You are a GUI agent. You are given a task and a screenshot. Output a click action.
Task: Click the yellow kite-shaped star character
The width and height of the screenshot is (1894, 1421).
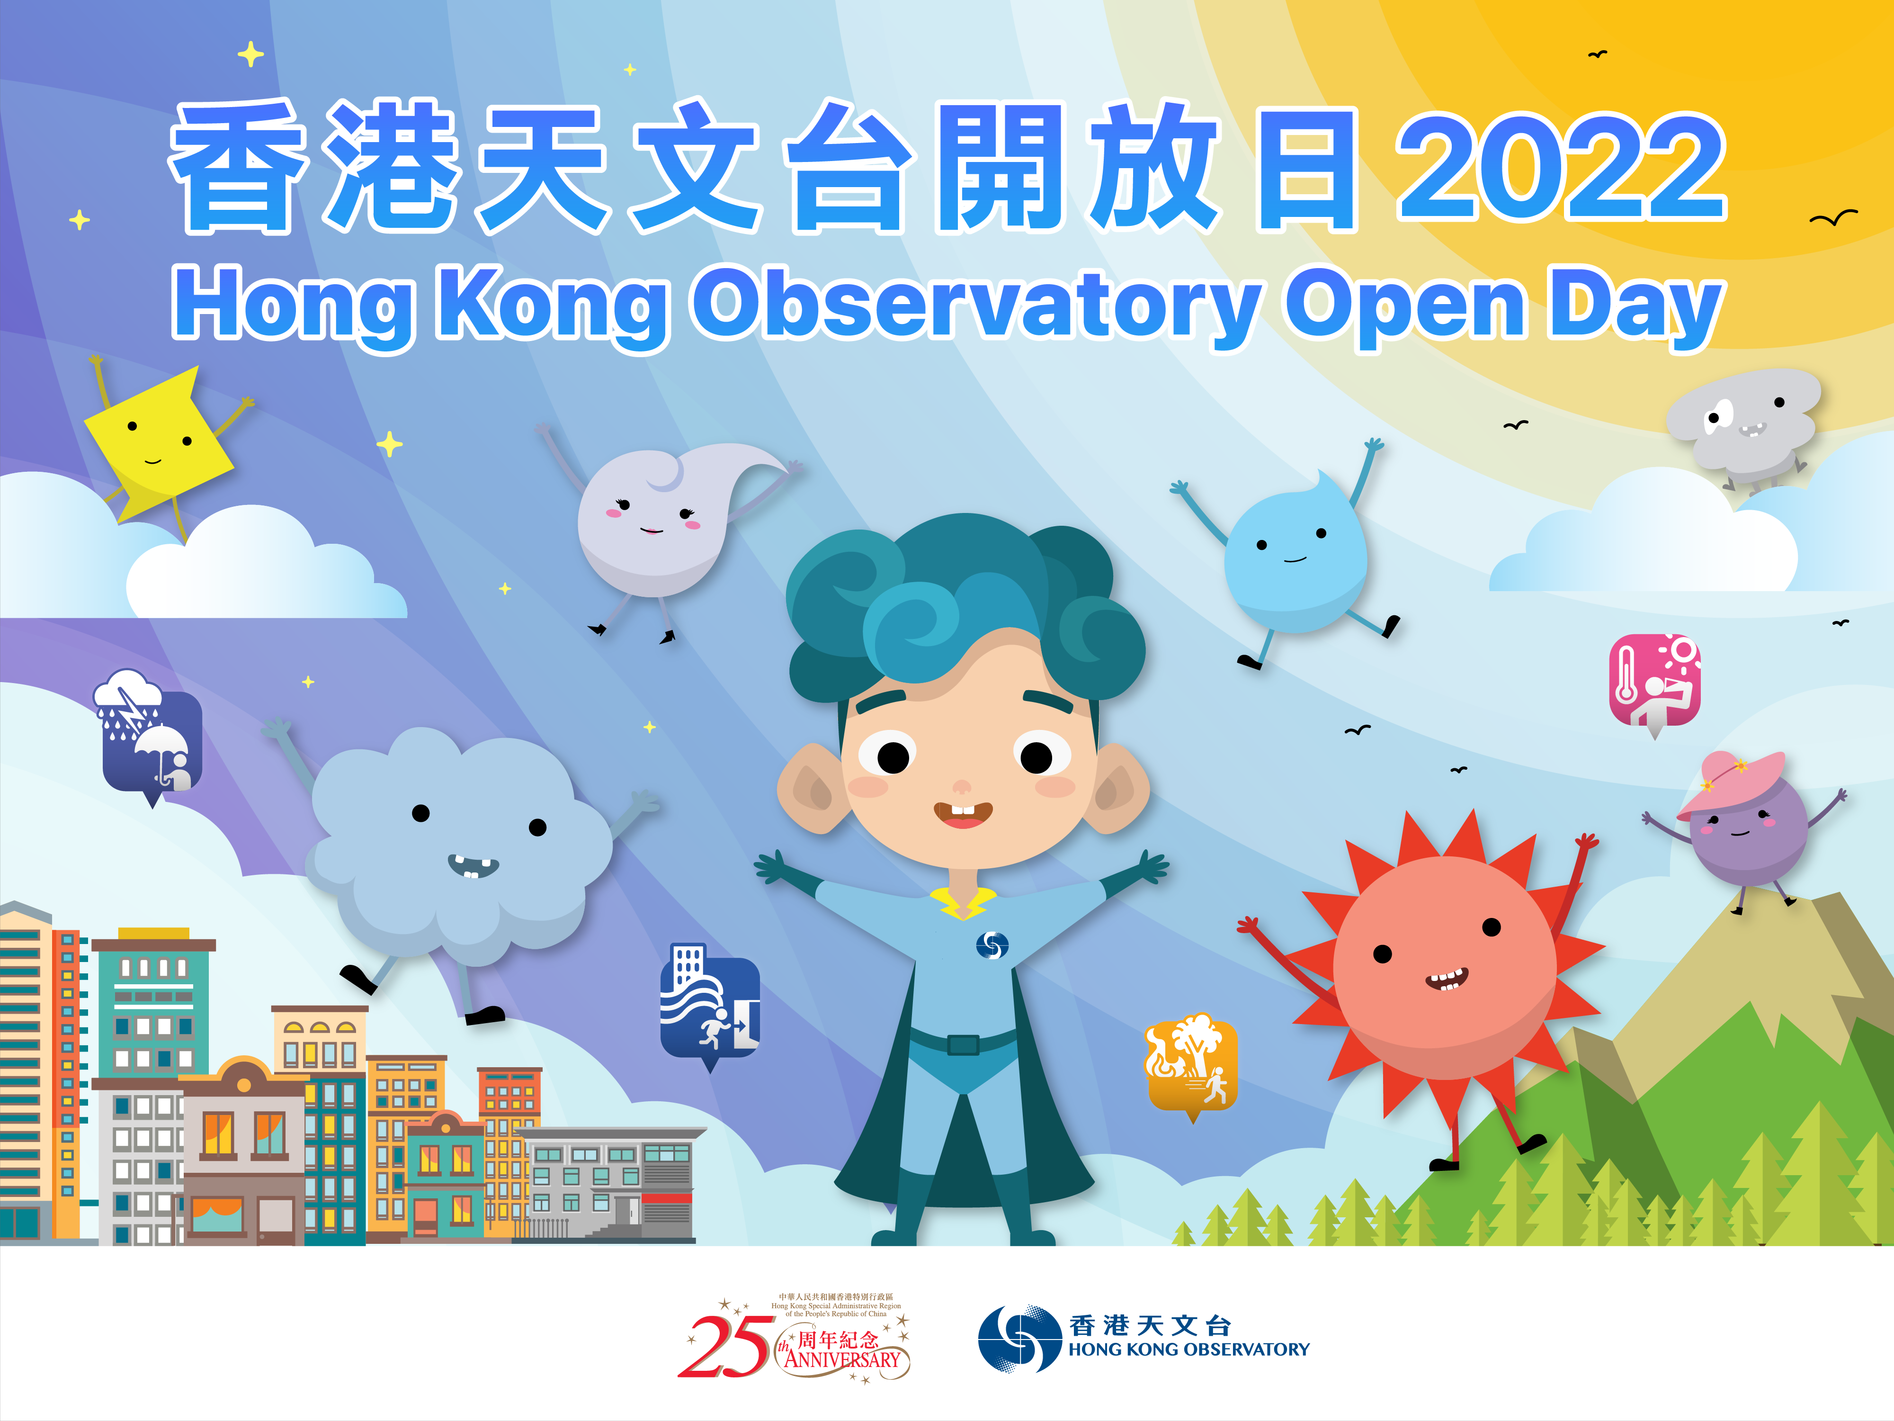(x=159, y=441)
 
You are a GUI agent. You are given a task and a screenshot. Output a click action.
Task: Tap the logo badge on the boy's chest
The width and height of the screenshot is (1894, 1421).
(x=992, y=945)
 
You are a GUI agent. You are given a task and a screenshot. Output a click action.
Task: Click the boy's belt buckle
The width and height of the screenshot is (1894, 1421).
(x=963, y=1045)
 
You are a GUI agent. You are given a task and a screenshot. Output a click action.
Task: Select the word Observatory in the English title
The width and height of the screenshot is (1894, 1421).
(x=976, y=304)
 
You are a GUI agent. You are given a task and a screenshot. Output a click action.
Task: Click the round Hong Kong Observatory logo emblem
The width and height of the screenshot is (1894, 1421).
(x=1019, y=1339)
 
